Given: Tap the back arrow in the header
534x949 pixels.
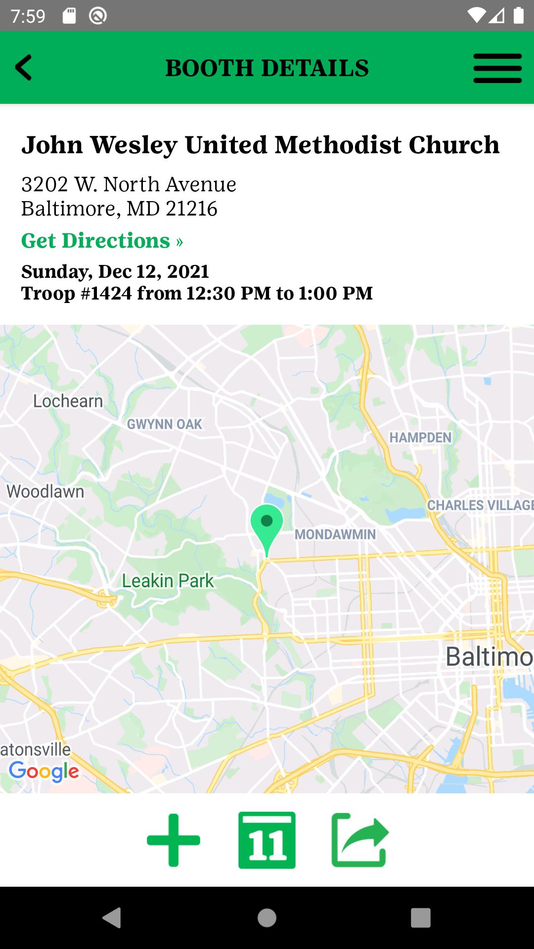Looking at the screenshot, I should click(x=24, y=67).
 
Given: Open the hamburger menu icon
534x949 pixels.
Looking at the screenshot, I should click(x=497, y=68).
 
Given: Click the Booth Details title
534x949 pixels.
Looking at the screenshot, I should click(x=267, y=68).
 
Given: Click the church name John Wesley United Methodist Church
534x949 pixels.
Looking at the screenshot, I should click(x=260, y=145).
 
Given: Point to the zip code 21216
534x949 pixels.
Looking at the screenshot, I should click(x=192, y=209).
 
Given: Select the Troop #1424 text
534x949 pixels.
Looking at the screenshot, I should click(x=77, y=293).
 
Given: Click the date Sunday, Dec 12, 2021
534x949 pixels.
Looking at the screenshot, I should click(x=115, y=271).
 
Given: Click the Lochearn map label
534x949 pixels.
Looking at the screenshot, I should click(x=68, y=401).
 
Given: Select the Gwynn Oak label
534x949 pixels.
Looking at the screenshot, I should click(x=165, y=424).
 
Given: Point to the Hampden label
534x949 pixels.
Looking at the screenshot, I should click(x=420, y=437).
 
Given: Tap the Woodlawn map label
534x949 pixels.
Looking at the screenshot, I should click(x=45, y=491).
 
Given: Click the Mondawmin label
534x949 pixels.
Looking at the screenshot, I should click(x=335, y=534).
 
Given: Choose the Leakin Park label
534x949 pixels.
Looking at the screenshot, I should click(x=168, y=581).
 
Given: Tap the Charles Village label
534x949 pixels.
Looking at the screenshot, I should click(x=480, y=505).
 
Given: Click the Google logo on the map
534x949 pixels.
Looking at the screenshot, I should click(x=44, y=771).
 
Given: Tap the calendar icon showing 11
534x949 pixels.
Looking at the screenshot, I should click(x=267, y=840).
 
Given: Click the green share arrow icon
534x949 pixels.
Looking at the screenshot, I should click(x=360, y=840).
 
